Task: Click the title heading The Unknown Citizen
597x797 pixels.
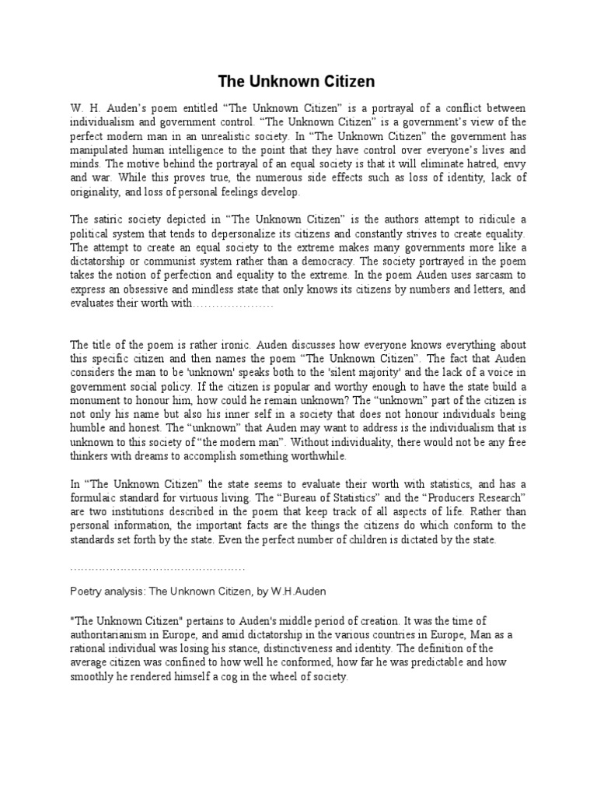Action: click(x=295, y=81)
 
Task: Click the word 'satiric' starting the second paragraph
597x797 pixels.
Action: click(x=110, y=220)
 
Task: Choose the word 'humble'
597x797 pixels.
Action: click(x=89, y=429)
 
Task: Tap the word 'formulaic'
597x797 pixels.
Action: click(x=99, y=499)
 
